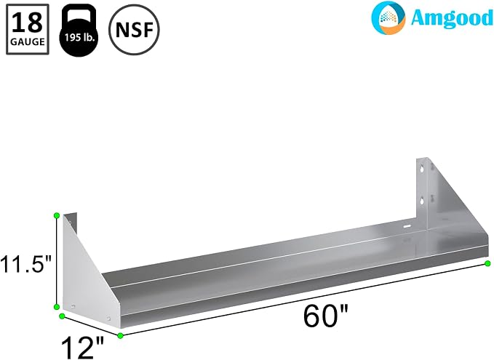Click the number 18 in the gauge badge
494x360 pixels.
click(x=28, y=23)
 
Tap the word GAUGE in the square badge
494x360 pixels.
click(x=28, y=41)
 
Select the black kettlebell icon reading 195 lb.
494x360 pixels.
click(x=79, y=31)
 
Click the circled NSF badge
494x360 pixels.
click(x=134, y=30)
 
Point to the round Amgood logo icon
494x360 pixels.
click(x=389, y=17)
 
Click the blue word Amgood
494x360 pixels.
click(x=452, y=17)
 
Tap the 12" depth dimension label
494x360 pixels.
click(x=82, y=348)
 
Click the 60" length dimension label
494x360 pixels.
click(x=326, y=316)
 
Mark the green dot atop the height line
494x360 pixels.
click(x=57, y=215)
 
